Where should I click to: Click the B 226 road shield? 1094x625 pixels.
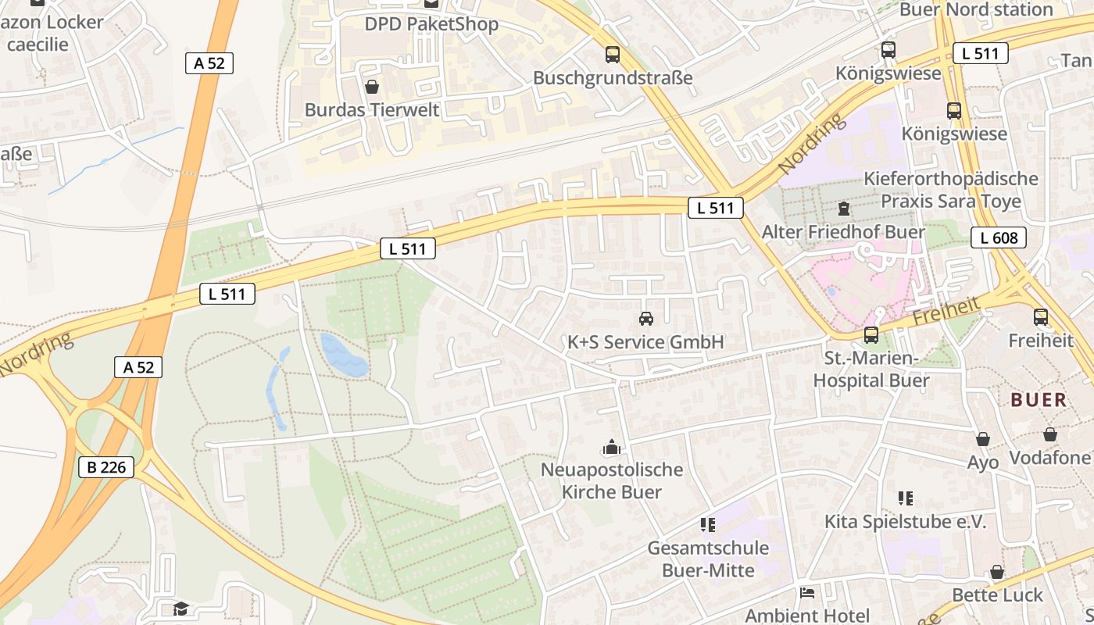point(106,467)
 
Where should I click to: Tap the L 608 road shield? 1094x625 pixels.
point(998,237)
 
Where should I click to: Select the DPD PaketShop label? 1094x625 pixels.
point(431,24)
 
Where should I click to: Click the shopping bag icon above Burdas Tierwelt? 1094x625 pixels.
point(372,86)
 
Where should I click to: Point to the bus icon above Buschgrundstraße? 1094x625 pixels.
point(613,55)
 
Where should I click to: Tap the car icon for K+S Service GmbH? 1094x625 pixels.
point(645,319)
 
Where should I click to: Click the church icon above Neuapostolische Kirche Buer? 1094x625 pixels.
point(611,447)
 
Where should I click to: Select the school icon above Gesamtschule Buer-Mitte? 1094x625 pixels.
point(707,524)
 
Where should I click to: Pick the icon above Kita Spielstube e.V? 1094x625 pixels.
point(905,498)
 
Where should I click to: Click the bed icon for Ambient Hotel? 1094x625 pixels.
point(807,593)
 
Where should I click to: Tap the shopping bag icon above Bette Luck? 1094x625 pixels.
point(997,573)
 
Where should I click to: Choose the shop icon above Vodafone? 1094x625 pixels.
point(1049,434)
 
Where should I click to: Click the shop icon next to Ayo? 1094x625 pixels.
point(982,440)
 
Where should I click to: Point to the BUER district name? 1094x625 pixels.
point(1039,400)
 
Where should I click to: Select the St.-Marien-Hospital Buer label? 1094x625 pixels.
point(871,370)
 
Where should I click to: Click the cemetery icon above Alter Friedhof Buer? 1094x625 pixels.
point(843,209)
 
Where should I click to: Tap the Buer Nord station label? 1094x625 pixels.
point(976,9)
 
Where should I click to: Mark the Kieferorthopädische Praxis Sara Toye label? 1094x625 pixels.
point(951,190)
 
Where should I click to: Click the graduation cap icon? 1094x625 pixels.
point(181,608)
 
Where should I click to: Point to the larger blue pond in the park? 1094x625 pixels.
point(344,355)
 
